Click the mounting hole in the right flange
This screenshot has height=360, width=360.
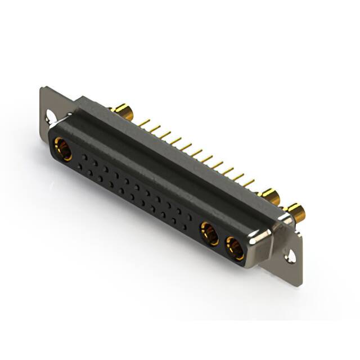[x=290, y=256]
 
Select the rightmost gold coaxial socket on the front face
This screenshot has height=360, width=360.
[x=235, y=248]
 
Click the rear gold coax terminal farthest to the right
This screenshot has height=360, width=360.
[x=295, y=213]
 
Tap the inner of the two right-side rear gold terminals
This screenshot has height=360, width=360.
[x=271, y=196]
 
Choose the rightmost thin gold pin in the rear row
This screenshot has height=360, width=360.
[x=249, y=183]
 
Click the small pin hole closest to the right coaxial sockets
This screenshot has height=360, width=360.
[x=190, y=217]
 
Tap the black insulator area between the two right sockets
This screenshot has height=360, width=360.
[x=223, y=241]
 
